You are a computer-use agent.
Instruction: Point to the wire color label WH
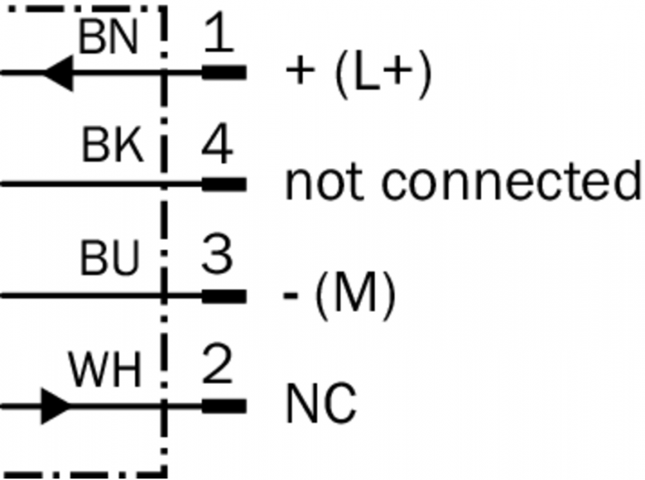(104, 370)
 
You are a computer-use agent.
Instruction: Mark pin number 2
(217, 369)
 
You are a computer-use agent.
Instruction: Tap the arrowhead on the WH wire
(56, 406)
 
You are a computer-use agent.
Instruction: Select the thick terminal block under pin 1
(223, 74)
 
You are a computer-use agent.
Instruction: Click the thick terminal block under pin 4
(223, 184)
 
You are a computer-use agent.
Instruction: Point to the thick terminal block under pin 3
(223, 295)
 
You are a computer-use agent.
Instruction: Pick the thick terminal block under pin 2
(223, 406)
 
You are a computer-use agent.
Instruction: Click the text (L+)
(381, 74)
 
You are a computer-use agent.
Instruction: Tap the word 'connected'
(511, 182)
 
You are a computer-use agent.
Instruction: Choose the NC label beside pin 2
(320, 406)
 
